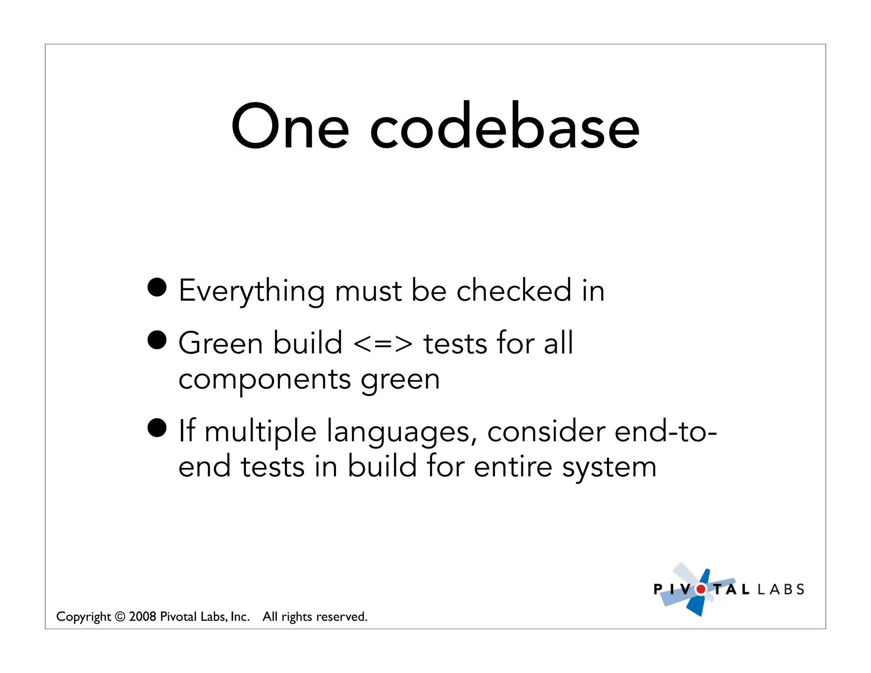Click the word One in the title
click(290, 126)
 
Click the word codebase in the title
click(504, 126)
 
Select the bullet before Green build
click(157, 340)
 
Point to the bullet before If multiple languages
click(157, 428)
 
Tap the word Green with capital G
click(220, 343)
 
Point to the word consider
click(546, 431)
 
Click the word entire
click(512, 467)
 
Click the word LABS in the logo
click(781, 589)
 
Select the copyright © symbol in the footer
click(120, 616)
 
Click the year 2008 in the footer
click(142, 616)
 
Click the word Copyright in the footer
click(83, 617)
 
